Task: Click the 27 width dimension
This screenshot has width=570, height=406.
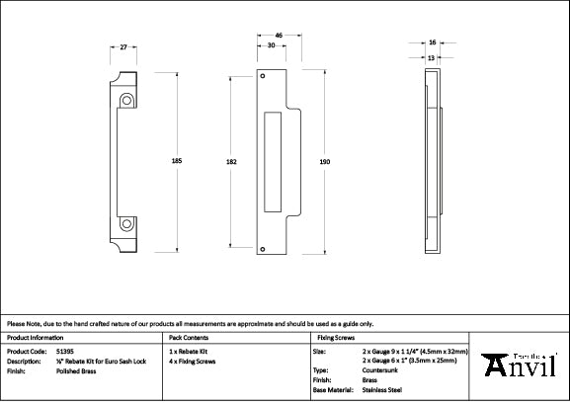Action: pos(122,47)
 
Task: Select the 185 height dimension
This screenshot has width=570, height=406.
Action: pos(178,160)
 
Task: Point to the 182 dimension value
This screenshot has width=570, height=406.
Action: pos(230,160)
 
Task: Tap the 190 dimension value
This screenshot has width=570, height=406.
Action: pos(326,160)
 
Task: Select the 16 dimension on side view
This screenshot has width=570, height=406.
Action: pos(432,43)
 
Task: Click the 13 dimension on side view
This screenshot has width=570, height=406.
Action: pos(432,57)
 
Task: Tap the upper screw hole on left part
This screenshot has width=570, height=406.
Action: pos(126,100)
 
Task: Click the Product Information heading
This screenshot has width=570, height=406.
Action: pos(35,337)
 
